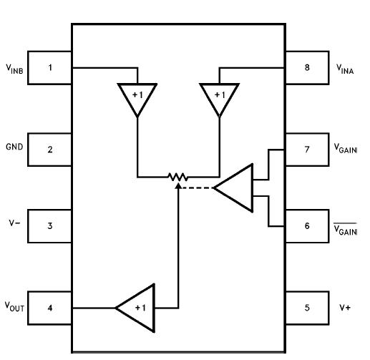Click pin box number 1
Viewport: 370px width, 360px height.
tap(50, 68)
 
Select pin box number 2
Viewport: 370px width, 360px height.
tap(50, 150)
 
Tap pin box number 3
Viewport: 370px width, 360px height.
tap(50, 226)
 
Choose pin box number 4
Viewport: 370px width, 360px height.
tap(50, 308)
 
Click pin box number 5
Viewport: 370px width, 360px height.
tap(307, 308)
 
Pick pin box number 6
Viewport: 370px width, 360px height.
tap(307, 226)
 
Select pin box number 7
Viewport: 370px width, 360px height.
tap(307, 150)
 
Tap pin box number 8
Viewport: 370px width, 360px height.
tap(307, 68)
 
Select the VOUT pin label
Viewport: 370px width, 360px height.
tap(14, 308)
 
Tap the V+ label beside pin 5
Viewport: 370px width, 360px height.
tap(345, 308)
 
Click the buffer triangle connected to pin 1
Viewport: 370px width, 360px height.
tap(136, 98)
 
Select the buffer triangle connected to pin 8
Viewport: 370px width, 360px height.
tap(218, 98)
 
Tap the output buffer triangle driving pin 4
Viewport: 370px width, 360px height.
tap(138, 307)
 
